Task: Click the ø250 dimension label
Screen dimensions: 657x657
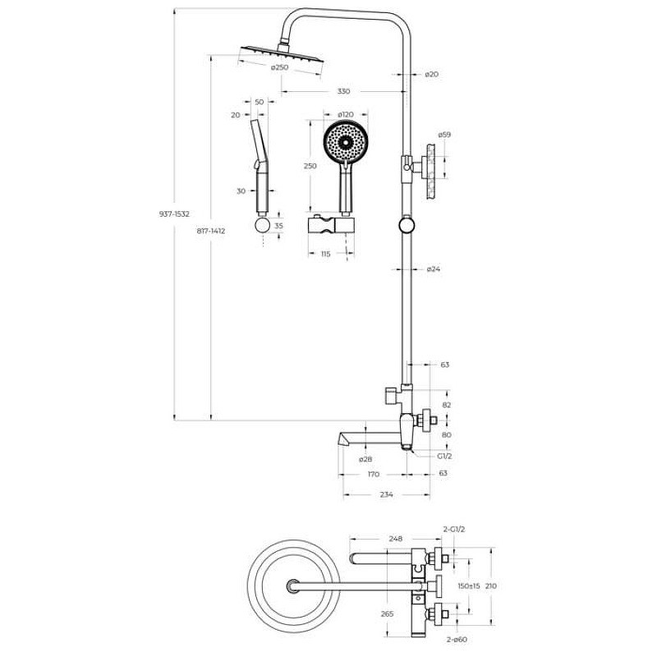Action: click(279, 67)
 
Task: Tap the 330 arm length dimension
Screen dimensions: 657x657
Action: click(343, 91)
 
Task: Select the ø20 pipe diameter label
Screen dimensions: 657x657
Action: click(431, 74)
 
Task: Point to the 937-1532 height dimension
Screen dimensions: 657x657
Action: click(174, 214)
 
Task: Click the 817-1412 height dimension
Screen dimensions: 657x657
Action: click(211, 231)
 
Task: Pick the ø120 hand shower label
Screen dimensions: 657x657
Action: click(346, 114)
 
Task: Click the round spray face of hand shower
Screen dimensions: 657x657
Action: click(346, 141)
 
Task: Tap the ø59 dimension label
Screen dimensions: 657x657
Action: click(444, 135)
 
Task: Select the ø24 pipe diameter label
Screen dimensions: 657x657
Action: click(434, 269)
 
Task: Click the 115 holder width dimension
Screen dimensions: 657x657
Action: click(325, 254)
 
